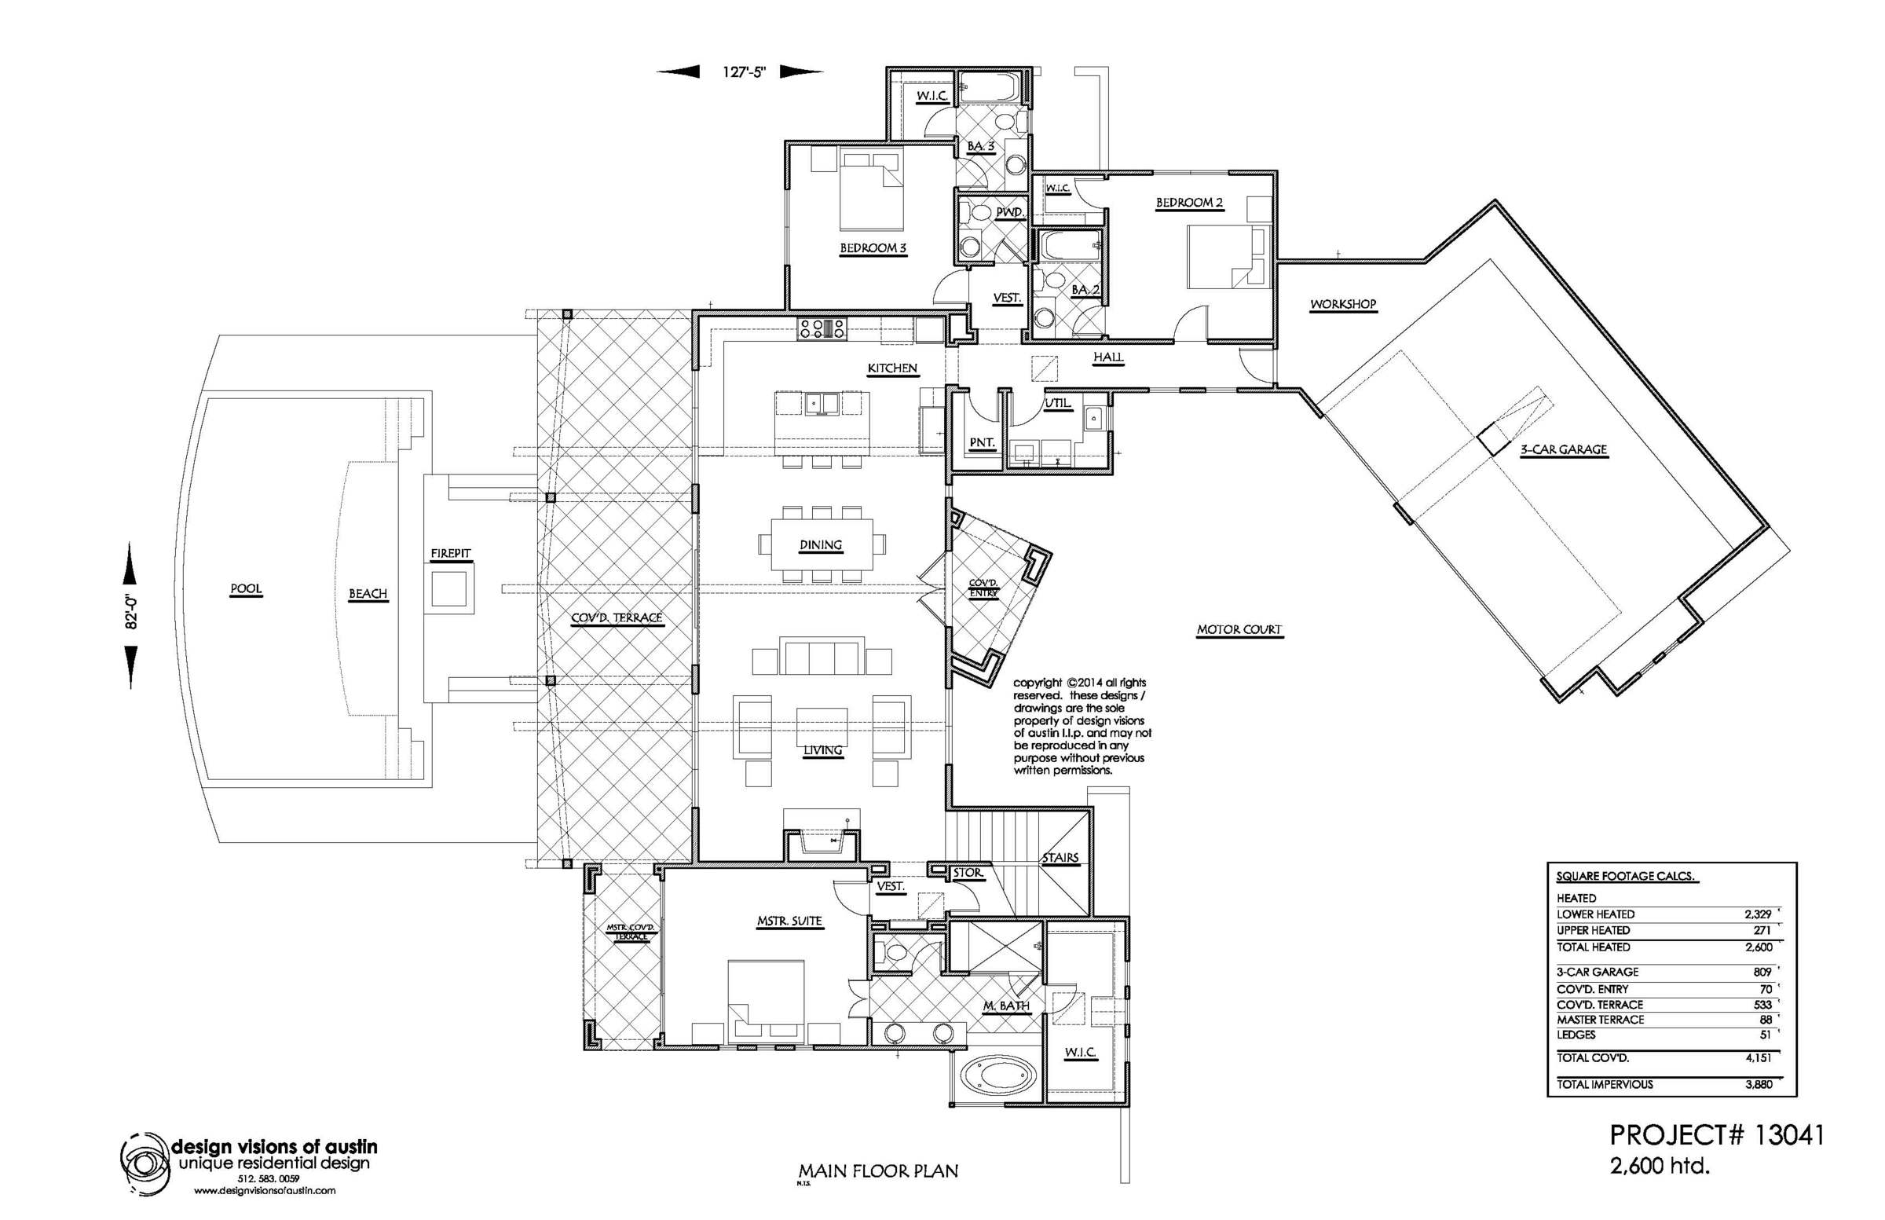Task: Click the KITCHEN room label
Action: pos(891,368)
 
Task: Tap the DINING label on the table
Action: pos(821,545)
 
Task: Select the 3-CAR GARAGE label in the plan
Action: pos(1564,449)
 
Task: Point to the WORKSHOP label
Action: pos(1342,304)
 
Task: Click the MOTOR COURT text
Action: pos(1239,630)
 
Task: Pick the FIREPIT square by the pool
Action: pos(451,588)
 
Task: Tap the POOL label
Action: pos(246,589)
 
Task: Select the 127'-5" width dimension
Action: pos(744,72)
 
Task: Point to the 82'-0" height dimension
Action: pos(132,616)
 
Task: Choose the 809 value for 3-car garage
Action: pos(1763,971)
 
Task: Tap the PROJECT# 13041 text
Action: pos(1717,1135)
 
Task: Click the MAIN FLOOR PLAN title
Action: pos(877,1171)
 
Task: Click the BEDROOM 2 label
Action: pos(1189,203)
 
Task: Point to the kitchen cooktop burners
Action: pos(822,328)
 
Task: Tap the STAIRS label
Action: pos(1060,857)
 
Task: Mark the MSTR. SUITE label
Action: pos(789,921)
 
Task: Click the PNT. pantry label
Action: pos(982,443)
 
